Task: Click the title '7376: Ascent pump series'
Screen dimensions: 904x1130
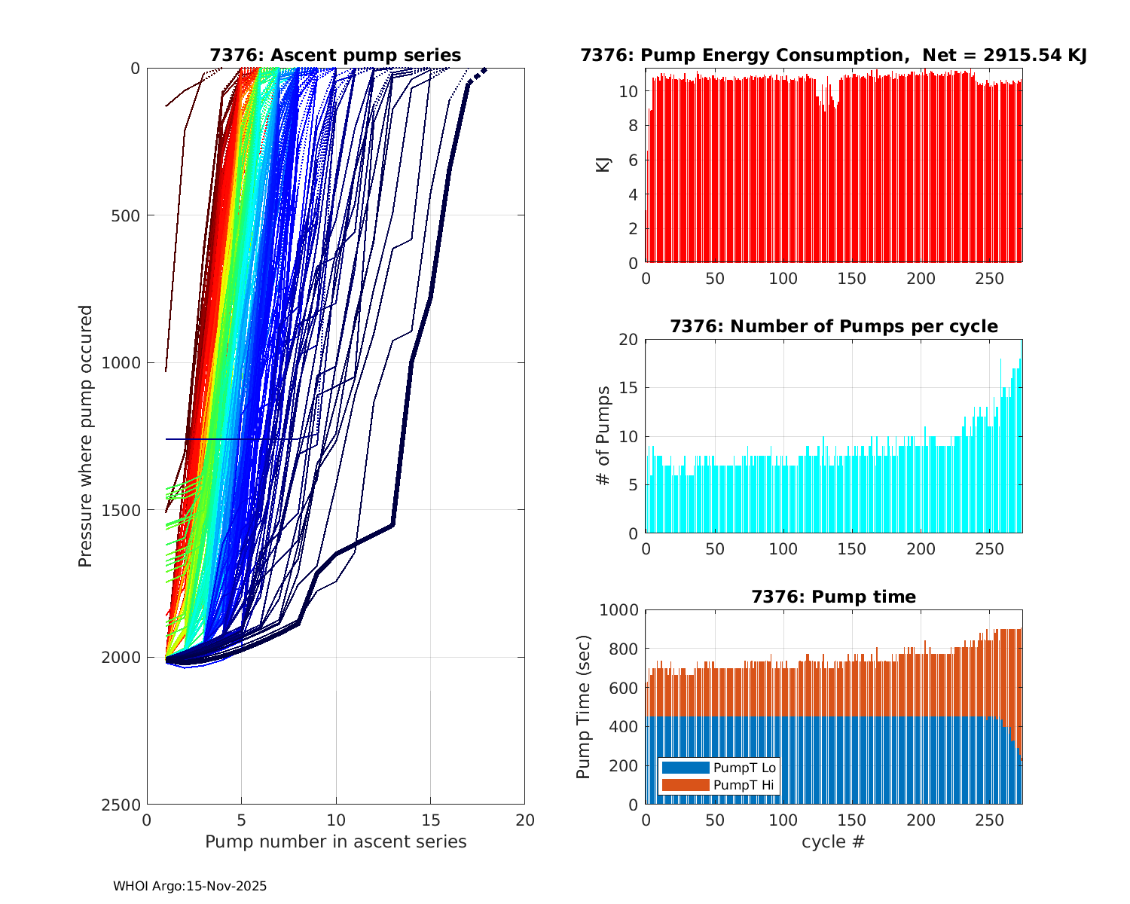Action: click(x=335, y=55)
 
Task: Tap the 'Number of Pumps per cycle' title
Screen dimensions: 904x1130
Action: click(x=833, y=326)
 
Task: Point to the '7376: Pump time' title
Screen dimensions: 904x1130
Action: click(x=833, y=597)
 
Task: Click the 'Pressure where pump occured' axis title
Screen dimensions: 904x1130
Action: click(x=86, y=436)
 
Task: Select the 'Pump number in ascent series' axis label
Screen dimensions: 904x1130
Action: click(x=336, y=841)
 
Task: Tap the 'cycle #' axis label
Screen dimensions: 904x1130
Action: click(x=833, y=841)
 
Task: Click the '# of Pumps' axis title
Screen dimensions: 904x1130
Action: click(x=603, y=436)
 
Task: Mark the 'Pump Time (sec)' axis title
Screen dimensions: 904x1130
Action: click(x=584, y=707)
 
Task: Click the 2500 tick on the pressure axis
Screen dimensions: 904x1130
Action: click(x=123, y=805)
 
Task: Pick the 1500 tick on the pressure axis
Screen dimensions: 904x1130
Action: click(x=123, y=510)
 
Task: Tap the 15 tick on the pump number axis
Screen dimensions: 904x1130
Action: click(x=430, y=820)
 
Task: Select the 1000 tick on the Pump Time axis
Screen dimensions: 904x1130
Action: click(x=618, y=610)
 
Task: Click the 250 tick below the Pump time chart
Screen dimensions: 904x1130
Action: click(x=990, y=820)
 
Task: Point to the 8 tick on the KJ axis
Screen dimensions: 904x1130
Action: click(x=633, y=126)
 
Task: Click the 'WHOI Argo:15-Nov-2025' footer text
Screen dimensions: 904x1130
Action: click(x=190, y=886)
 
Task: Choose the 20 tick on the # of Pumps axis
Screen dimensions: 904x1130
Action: click(x=629, y=340)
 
